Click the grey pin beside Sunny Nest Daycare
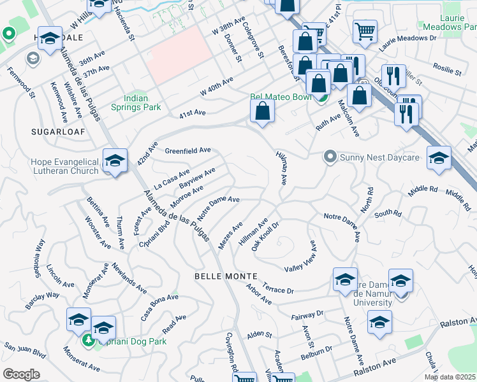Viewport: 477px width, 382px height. [x=330, y=156]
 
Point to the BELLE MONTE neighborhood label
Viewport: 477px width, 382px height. [x=226, y=276]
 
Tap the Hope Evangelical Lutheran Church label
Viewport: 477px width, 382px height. [x=64, y=166]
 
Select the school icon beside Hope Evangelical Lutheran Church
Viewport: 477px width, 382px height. [x=115, y=162]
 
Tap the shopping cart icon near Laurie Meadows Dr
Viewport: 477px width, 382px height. [x=364, y=30]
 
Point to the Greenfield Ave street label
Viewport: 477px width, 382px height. [x=187, y=151]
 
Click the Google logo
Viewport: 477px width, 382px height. [x=22, y=374]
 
